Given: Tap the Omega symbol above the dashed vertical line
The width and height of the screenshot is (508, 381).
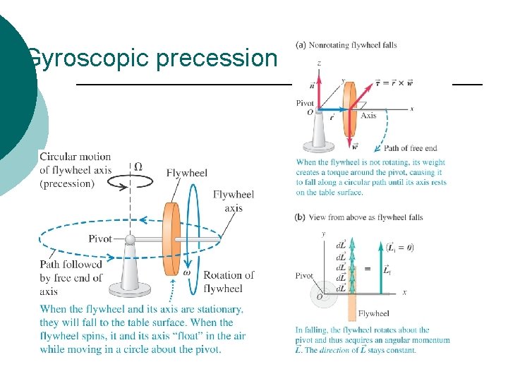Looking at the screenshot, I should pyautogui.click(x=138, y=167).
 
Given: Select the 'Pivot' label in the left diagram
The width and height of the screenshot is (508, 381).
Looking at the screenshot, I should pyautogui.click(x=99, y=238).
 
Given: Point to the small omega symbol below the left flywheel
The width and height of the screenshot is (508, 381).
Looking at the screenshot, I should pyautogui.click(x=187, y=272).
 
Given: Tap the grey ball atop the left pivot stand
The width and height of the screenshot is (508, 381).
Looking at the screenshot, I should pyautogui.click(x=129, y=240).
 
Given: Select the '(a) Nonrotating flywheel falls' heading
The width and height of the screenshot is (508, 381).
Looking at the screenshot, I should pyautogui.click(x=346, y=45).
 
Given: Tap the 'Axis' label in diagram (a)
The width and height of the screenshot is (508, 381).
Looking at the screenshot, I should pyautogui.click(x=368, y=116).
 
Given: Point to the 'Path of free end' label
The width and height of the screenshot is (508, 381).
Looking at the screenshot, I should pyautogui.click(x=410, y=148).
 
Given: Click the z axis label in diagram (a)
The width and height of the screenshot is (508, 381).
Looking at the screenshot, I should pyautogui.click(x=319, y=64).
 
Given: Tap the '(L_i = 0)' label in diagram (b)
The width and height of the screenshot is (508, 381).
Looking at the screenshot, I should pyautogui.click(x=399, y=246).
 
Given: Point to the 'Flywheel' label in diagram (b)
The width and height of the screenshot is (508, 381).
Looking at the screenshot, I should pyautogui.click(x=373, y=313).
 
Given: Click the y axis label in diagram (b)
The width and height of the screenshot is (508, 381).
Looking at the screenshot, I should pyautogui.click(x=322, y=234).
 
